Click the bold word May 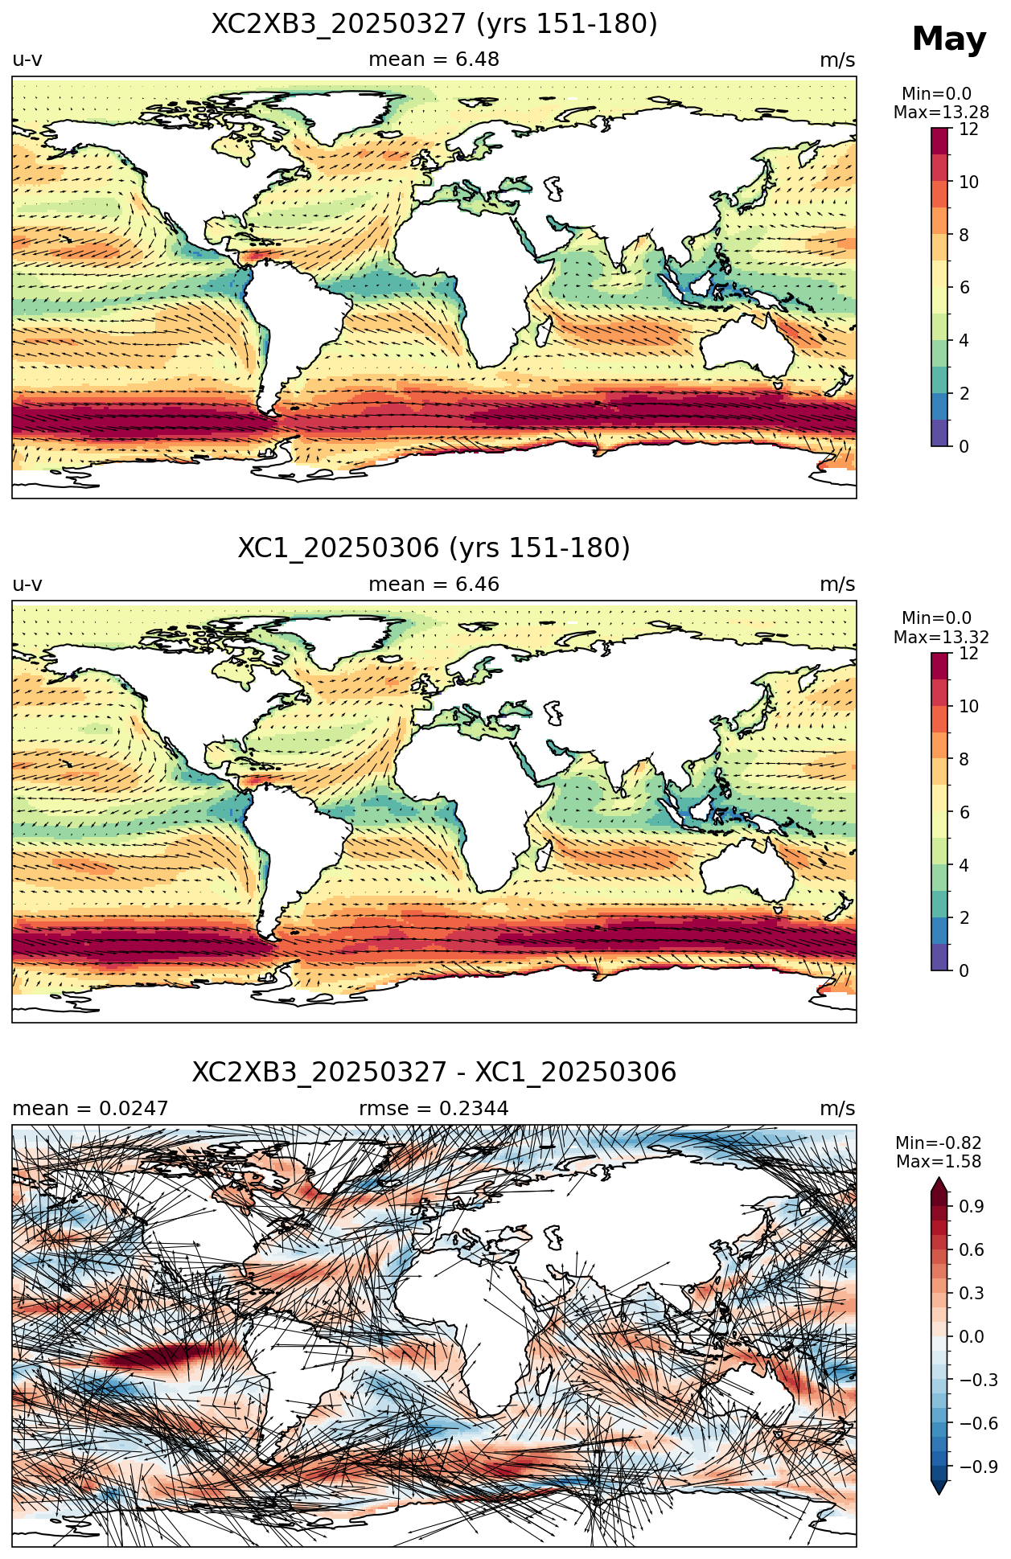pyautogui.click(x=949, y=39)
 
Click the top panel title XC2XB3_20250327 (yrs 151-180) pyautogui.click(x=434, y=24)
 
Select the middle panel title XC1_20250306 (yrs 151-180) pyautogui.click(x=434, y=548)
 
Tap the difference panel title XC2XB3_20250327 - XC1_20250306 pyautogui.click(x=434, y=1073)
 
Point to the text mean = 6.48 pyautogui.click(x=434, y=59)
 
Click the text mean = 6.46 pyautogui.click(x=434, y=585)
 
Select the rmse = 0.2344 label pyautogui.click(x=434, y=1109)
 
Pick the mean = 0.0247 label pyautogui.click(x=90, y=1109)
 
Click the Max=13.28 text pyautogui.click(x=941, y=113)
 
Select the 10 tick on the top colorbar pyautogui.click(x=968, y=183)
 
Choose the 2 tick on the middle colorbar pyautogui.click(x=964, y=918)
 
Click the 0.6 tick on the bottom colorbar pyautogui.click(x=972, y=1250)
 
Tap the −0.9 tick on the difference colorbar pyautogui.click(x=978, y=1467)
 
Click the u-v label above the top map pyautogui.click(x=27, y=60)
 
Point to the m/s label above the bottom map pyautogui.click(x=837, y=1109)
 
